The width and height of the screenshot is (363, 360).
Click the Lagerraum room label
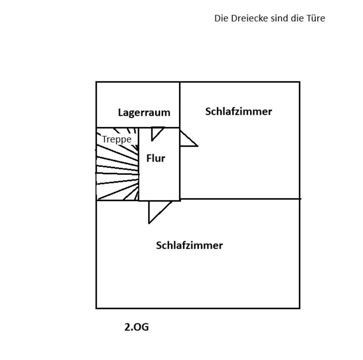(x=144, y=112)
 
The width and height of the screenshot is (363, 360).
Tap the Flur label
(x=156, y=158)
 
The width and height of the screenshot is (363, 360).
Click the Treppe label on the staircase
(x=117, y=139)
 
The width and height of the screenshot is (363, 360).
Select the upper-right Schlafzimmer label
(x=239, y=111)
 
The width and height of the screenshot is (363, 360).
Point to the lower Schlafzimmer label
(x=189, y=245)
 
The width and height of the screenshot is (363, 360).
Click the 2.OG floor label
(x=137, y=327)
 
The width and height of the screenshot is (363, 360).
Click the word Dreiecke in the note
(x=248, y=18)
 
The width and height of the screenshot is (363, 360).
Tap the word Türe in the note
(x=316, y=18)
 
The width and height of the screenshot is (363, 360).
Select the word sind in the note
(x=279, y=18)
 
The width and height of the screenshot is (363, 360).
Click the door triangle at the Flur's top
(x=156, y=132)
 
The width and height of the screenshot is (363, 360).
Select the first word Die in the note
(x=220, y=18)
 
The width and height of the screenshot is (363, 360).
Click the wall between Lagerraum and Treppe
(x=117, y=128)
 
